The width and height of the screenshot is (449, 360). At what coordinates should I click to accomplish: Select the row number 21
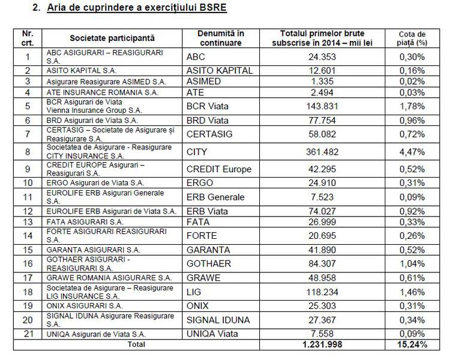pyautogui.click(x=26, y=333)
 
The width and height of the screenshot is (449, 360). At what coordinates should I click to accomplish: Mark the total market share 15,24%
pyautogui.click(x=414, y=344)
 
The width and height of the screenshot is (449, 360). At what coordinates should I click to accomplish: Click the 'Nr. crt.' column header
pyautogui.click(x=26, y=38)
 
